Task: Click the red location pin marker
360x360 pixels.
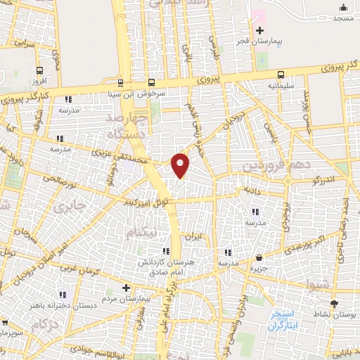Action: [181, 165]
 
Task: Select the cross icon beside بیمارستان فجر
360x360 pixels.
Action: [260, 30]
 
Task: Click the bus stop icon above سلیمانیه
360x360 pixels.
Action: [281, 75]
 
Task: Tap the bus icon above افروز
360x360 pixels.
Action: [39, 70]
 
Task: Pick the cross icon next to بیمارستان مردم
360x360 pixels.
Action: [125, 288]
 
